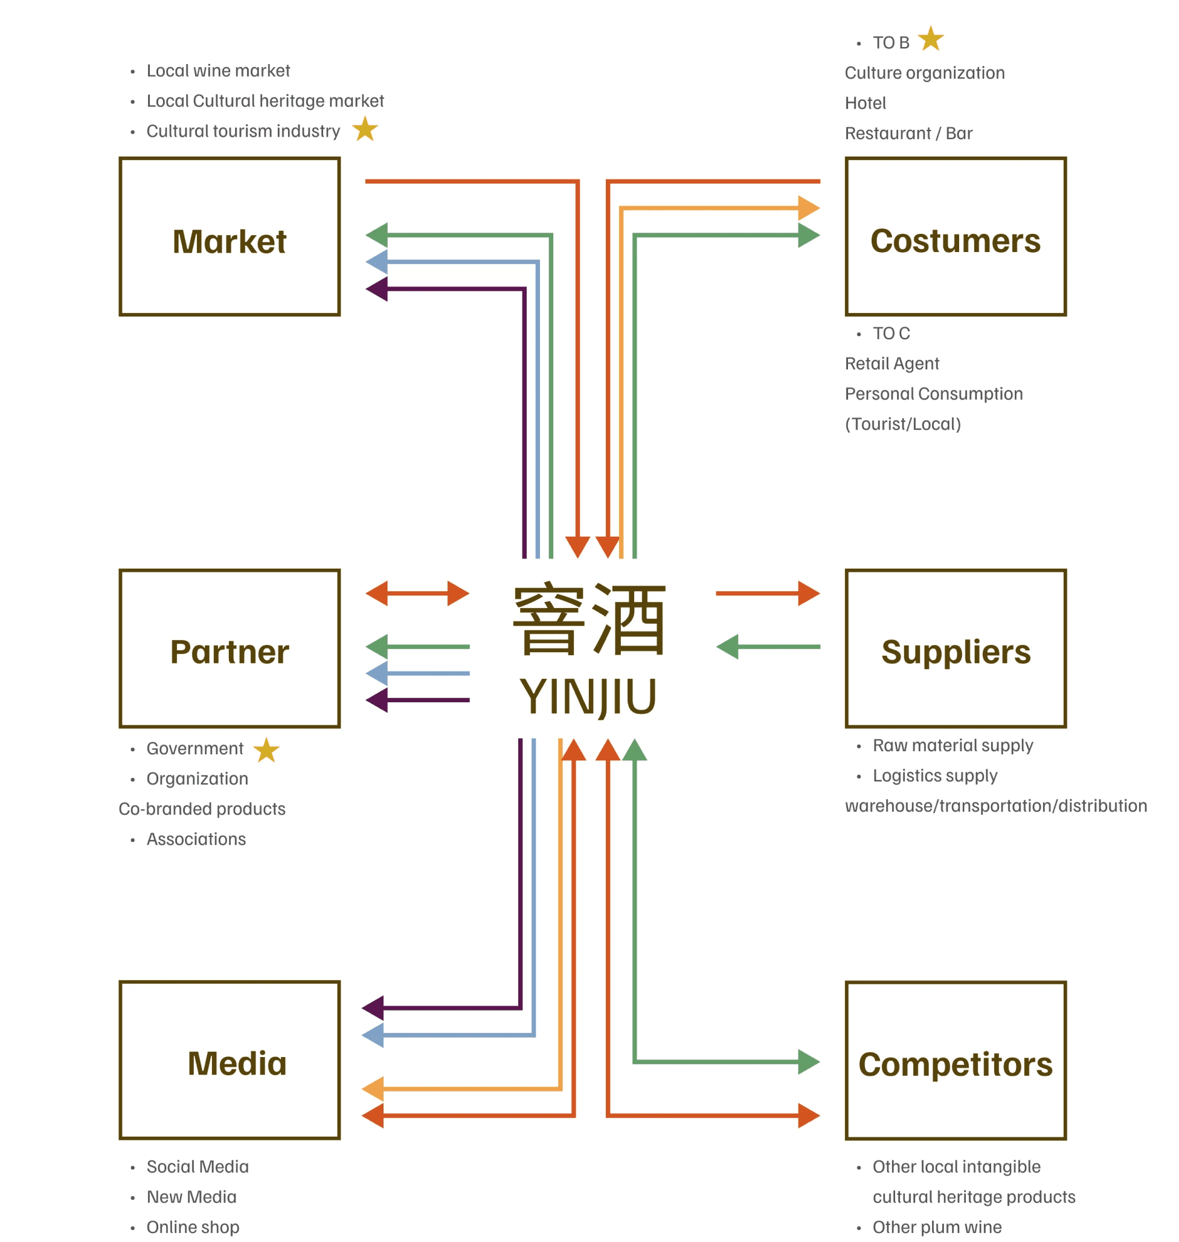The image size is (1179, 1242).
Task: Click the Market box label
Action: tap(230, 242)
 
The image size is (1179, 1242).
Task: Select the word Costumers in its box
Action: tap(955, 241)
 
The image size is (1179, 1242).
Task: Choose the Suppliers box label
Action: tap(956, 652)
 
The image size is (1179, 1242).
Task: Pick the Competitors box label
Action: tap(955, 1064)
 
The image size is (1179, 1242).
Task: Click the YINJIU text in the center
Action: tap(588, 697)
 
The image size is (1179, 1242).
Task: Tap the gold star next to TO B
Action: tap(931, 39)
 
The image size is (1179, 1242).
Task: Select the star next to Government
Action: tap(266, 749)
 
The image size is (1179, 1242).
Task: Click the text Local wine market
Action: tap(218, 71)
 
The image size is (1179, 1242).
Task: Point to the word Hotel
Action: tap(865, 103)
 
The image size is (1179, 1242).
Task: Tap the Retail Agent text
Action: tap(891, 363)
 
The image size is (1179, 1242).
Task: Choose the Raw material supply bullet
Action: tap(952, 745)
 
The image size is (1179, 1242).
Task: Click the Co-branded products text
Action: tap(202, 809)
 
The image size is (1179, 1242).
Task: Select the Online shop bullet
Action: tap(192, 1227)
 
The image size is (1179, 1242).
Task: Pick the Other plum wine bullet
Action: tap(936, 1227)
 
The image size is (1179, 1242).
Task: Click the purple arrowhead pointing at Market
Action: tap(377, 289)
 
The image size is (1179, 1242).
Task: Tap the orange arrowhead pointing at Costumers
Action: tap(808, 207)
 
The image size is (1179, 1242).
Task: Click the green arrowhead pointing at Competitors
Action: tap(808, 1061)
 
